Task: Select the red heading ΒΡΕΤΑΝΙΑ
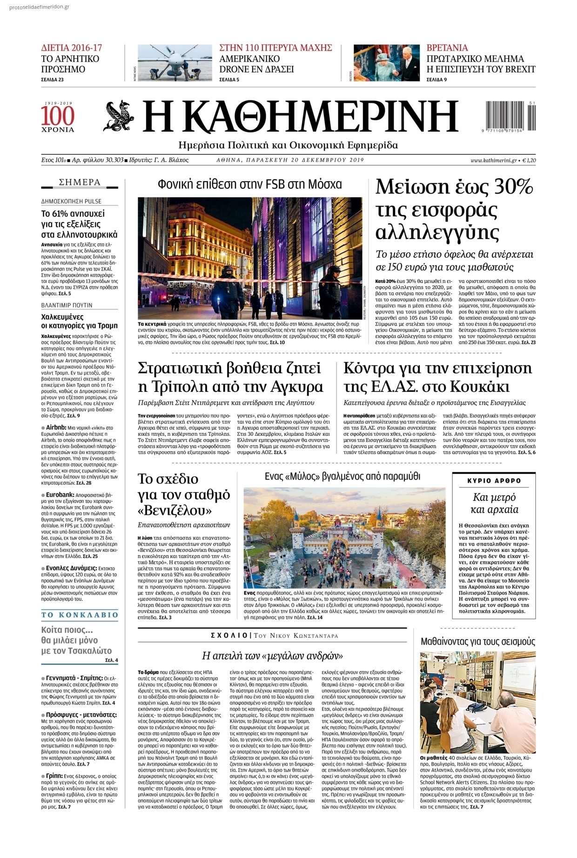click(447, 47)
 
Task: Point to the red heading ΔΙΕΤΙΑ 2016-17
click(72, 47)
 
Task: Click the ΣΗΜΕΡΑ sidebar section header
click(80, 182)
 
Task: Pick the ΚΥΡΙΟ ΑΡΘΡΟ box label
click(494, 480)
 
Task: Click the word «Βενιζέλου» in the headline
click(175, 511)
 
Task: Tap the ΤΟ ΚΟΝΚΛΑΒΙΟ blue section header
click(80, 615)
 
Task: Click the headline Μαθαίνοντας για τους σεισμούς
click(478, 642)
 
